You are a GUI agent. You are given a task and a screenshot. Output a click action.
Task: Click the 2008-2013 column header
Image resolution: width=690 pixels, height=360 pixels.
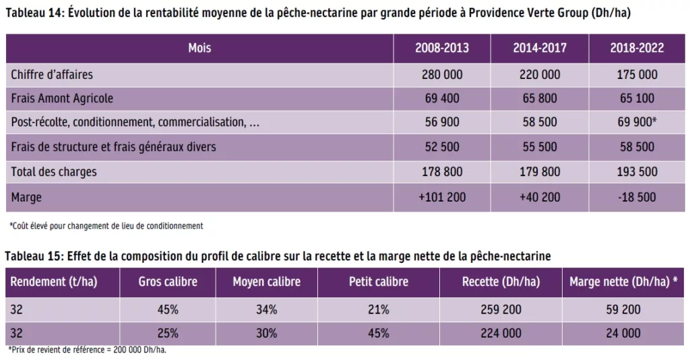(x=442, y=48)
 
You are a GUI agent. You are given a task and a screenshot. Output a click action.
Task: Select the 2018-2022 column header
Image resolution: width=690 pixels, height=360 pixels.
(x=637, y=48)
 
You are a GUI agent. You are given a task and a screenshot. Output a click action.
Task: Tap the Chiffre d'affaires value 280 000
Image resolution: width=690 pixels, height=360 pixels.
(x=442, y=73)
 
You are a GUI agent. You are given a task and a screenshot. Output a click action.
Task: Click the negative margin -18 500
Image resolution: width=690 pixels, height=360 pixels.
(x=637, y=197)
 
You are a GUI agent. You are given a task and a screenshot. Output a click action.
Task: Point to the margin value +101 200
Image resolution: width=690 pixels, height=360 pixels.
(x=442, y=197)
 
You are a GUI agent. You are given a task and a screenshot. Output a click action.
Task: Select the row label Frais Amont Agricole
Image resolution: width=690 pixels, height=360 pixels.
(x=62, y=98)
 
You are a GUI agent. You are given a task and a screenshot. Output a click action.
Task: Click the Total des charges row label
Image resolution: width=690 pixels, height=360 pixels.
(x=54, y=172)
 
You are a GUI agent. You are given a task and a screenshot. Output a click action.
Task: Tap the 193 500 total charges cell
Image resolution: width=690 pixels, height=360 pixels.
(x=637, y=172)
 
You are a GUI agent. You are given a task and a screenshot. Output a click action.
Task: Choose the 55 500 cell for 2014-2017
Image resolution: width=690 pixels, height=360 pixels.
(x=540, y=147)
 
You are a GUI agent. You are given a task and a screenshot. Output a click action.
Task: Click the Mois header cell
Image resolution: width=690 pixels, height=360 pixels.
(x=199, y=48)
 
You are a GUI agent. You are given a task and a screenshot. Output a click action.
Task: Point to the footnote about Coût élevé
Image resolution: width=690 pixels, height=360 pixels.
(x=106, y=226)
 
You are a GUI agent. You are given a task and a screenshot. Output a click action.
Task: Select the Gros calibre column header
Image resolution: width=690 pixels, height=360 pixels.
(x=168, y=282)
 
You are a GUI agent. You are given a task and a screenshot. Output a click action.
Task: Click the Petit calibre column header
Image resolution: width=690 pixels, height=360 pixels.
(x=379, y=282)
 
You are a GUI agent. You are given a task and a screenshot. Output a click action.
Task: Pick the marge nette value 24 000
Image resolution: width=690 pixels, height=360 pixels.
(x=623, y=333)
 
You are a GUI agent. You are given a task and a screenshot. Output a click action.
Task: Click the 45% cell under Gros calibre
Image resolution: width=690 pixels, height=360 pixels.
(x=168, y=309)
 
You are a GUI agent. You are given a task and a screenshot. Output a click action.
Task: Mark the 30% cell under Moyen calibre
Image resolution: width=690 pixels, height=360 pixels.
(x=266, y=333)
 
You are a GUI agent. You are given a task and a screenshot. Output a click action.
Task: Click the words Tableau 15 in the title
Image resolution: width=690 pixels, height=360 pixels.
(x=32, y=256)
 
